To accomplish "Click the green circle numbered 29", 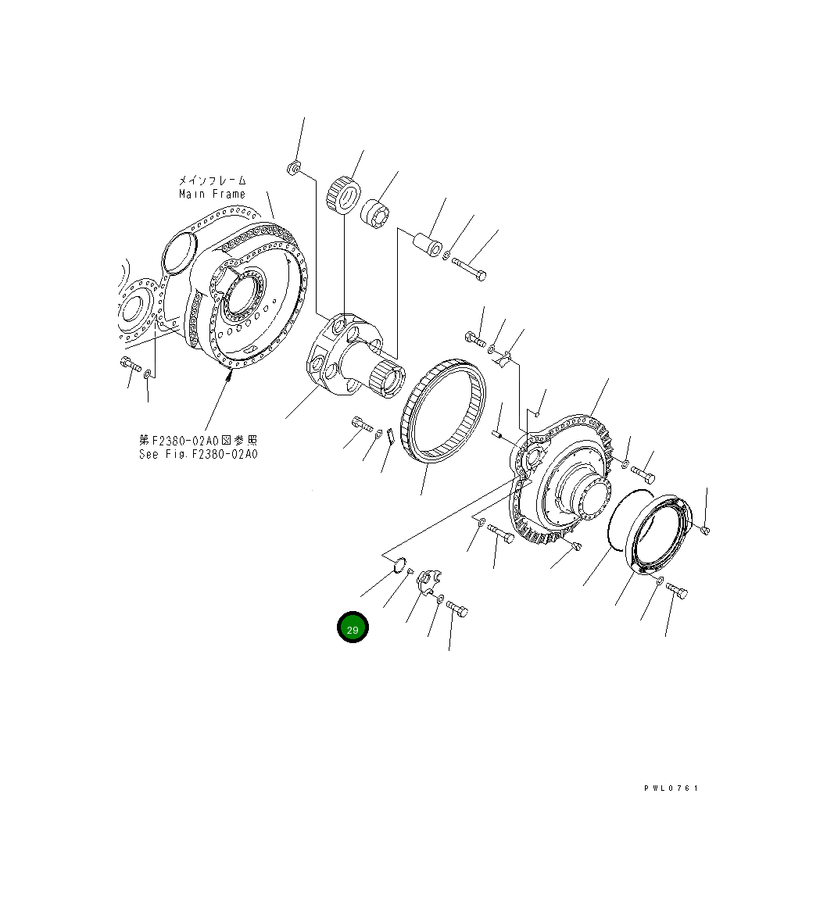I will (353, 627).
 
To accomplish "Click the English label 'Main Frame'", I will (212, 194).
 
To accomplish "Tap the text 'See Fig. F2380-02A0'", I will (198, 454).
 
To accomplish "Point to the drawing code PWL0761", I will (671, 788).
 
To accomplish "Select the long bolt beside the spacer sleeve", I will (469, 267).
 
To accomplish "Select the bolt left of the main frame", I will (130, 364).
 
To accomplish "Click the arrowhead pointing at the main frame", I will (230, 377).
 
